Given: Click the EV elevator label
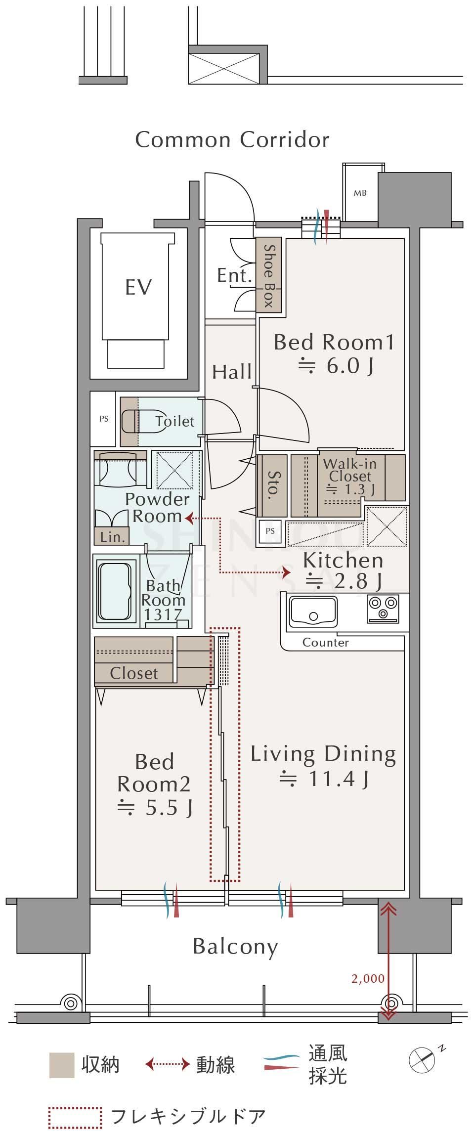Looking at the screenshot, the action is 138,287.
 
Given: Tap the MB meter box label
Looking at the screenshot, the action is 360,193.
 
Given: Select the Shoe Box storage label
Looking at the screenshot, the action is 269,276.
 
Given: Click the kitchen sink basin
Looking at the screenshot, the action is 313,611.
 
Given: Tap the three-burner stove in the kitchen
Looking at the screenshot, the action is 383,608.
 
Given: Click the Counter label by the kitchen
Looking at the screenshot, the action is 326,643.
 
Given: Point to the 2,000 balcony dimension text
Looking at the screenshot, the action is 368,978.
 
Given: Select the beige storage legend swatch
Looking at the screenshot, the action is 62,1065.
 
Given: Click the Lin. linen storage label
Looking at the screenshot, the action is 113,537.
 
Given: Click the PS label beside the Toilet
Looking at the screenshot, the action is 104,419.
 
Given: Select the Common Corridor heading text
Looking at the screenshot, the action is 232,140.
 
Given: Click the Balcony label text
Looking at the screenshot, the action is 235,946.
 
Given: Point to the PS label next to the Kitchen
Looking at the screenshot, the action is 270,531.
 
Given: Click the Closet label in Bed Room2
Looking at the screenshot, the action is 134,673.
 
